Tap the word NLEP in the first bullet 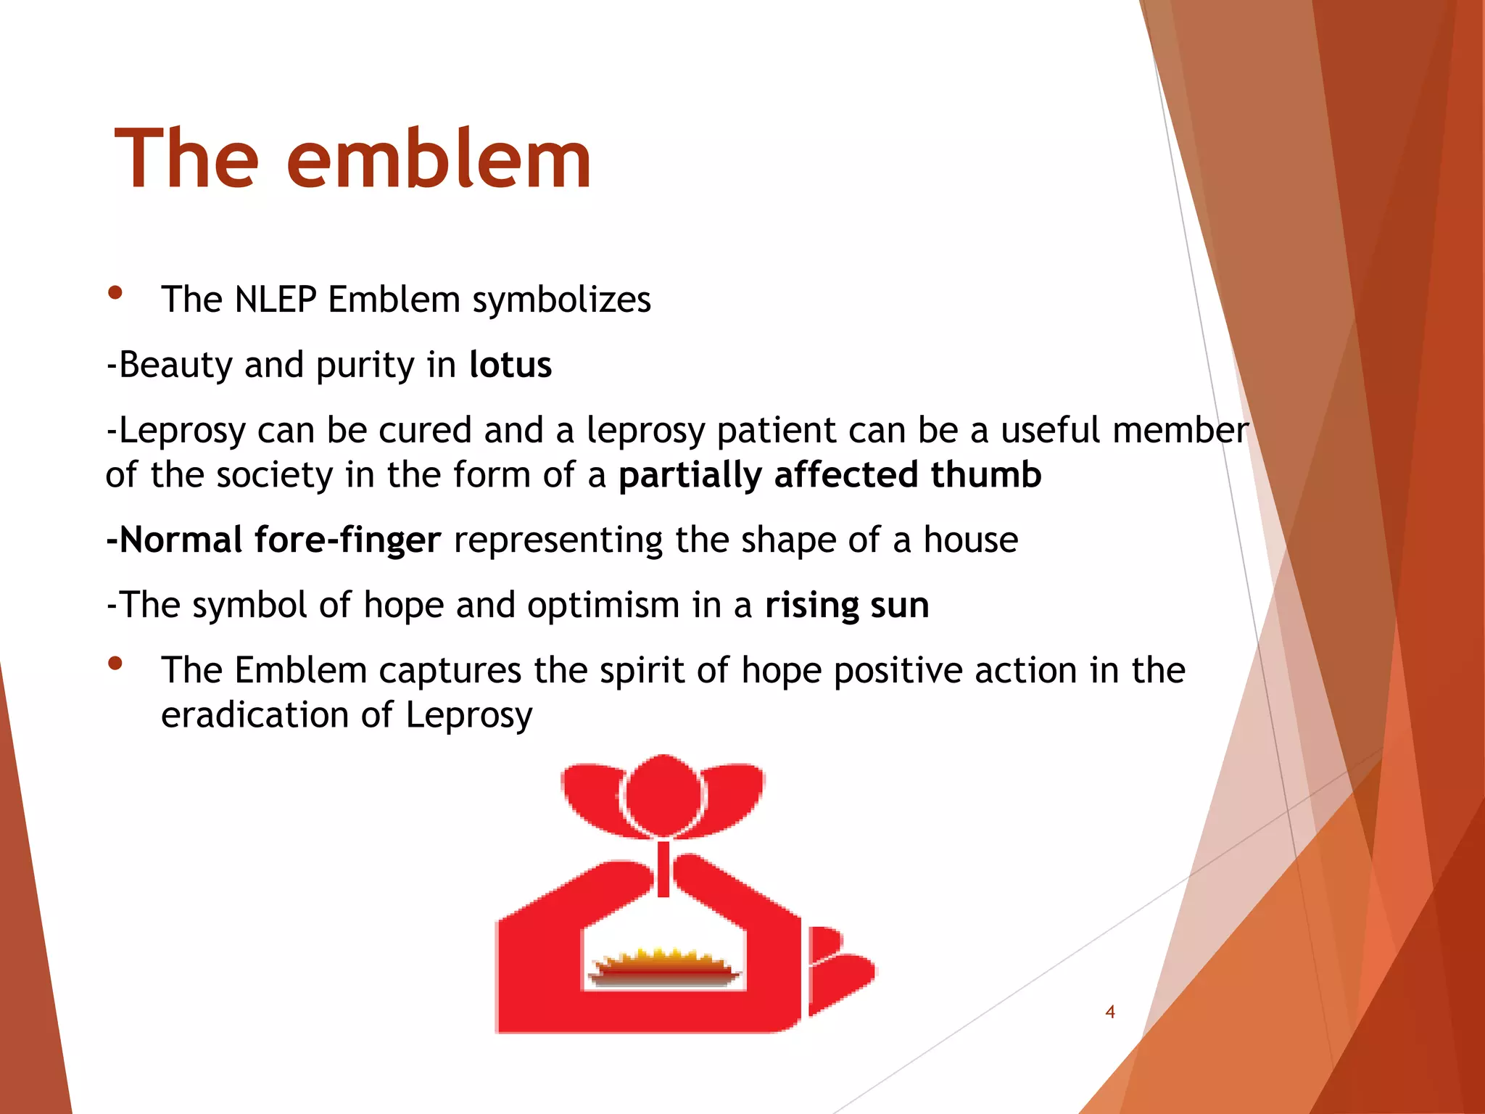[x=276, y=300]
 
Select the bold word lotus [x=510, y=364]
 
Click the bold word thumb [x=985, y=474]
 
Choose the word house [x=970, y=540]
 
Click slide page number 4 [x=1109, y=1012]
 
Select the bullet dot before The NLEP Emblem [x=115, y=293]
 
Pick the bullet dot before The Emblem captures [x=115, y=664]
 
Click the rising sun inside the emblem [x=663, y=967]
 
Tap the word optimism [x=603, y=605]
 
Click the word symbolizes [x=562, y=300]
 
